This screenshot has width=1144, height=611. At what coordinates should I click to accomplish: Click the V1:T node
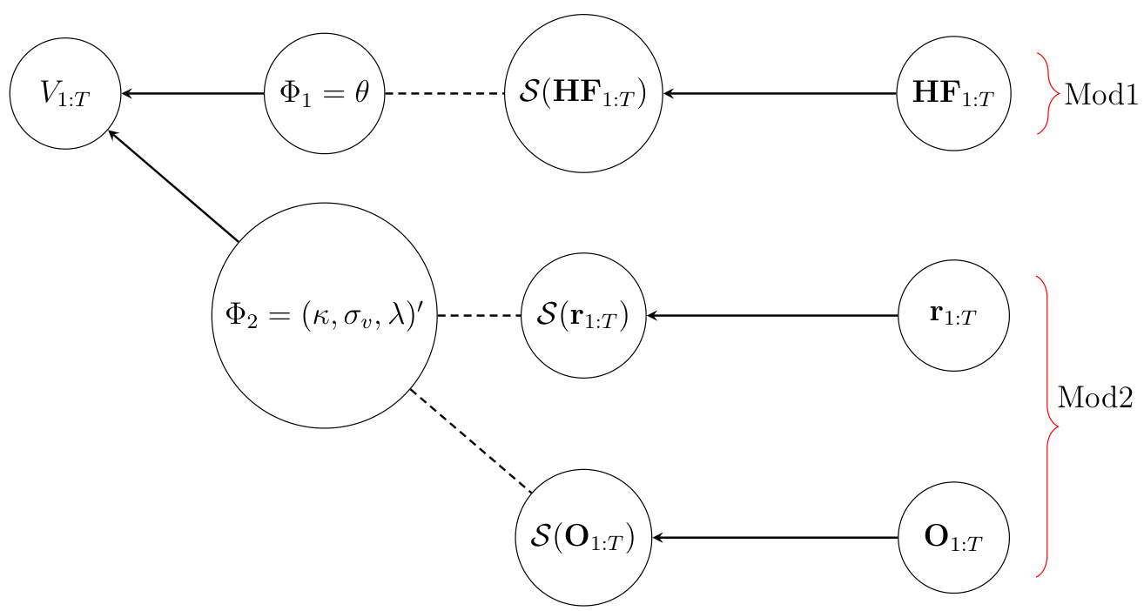[x=64, y=93]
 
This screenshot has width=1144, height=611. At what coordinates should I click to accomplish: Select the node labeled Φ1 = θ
[x=325, y=93]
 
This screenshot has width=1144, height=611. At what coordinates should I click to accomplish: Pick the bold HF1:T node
[x=953, y=93]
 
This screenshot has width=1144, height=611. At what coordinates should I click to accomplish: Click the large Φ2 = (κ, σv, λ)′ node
[x=324, y=316]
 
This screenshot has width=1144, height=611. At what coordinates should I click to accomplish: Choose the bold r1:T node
[x=953, y=316]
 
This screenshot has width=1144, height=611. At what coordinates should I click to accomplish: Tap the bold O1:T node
[x=953, y=539]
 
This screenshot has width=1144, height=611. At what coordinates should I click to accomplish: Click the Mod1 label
[x=1100, y=94]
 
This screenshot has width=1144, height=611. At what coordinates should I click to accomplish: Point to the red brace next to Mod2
[x=1047, y=426]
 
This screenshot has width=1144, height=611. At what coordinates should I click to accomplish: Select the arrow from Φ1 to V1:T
[x=193, y=93]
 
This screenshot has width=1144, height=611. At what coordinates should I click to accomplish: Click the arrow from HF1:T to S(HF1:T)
[x=779, y=93]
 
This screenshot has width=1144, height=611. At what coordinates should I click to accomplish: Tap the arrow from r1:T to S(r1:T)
[x=771, y=316]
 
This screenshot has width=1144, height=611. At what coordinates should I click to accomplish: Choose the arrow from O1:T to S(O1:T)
[x=775, y=539]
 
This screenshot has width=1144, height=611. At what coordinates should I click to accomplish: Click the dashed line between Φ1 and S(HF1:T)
[x=445, y=93]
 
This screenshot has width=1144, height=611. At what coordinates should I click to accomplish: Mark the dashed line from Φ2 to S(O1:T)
[x=470, y=440]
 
